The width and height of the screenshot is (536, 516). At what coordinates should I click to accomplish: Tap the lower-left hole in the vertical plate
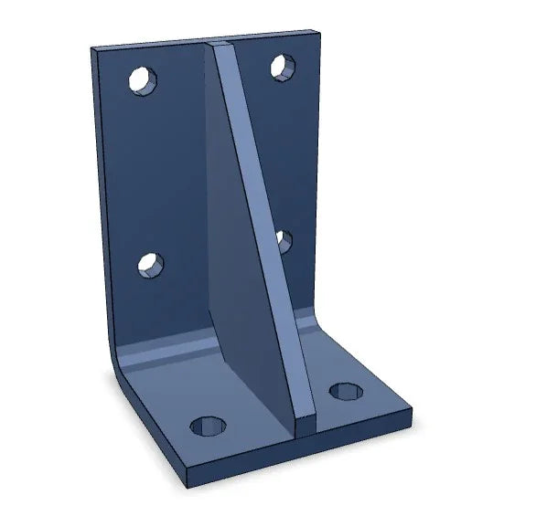[x=150, y=265]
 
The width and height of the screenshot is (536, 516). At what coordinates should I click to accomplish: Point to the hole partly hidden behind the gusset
[x=283, y=240]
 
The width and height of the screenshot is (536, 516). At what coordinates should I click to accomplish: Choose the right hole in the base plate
[x=346, y=392]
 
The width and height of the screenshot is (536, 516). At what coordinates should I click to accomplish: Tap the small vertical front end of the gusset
[x=306, y=423]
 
